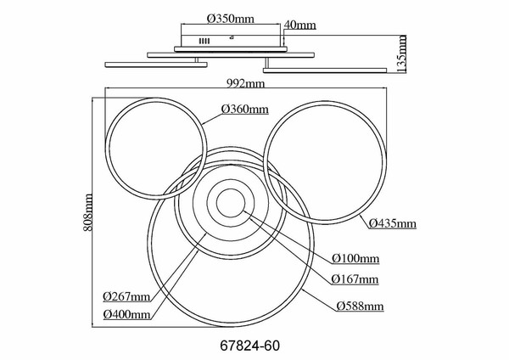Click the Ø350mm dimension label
[x=231, y=19]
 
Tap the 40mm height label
[x=300, y=25]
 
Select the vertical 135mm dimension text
[x=402, y=53]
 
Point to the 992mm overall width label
[x=246, y=84]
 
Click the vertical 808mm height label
[x=87, y=212]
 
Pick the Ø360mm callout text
[x=245, y=110]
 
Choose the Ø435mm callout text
[x=393, y=223]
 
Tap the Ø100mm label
[x=355, y=258]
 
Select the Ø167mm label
[x=355, y=279]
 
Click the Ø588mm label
[x=360, y=306]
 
